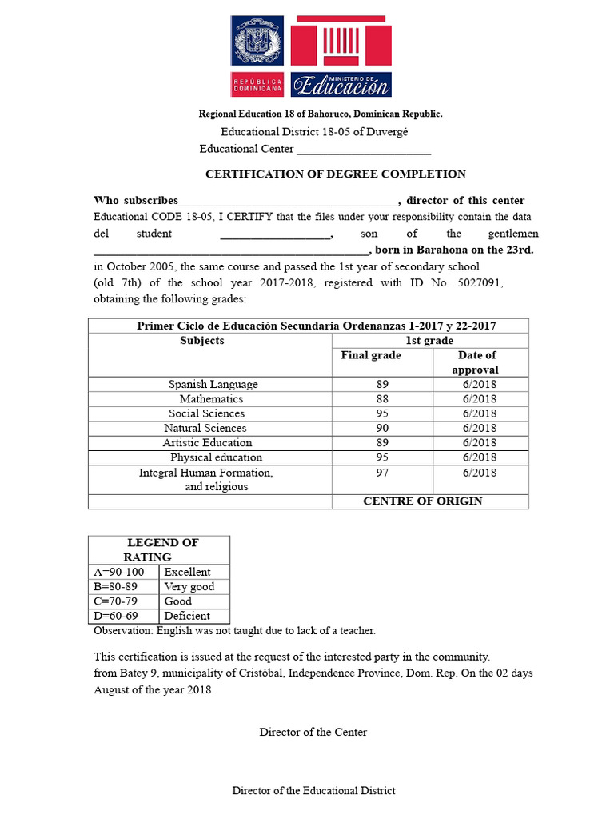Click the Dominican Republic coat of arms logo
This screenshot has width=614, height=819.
coord(257,41)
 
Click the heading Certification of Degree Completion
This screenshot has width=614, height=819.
coord(336,174)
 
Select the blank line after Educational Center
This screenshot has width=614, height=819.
coord(364,150)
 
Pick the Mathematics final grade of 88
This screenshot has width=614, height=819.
coord(381,399)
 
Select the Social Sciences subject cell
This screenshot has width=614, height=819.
coord(206,413)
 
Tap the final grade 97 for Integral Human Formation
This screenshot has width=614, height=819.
coord(381,473)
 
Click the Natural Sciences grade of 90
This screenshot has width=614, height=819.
coord(381,428)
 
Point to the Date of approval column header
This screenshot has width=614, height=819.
coord(477,362)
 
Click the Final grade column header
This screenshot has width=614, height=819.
coord(371,355)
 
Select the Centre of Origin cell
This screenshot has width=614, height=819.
coord(423,501)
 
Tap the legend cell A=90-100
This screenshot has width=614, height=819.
coord(119,572)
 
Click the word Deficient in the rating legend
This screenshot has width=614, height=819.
coord(187,616)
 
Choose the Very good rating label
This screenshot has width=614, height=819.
coord(189,586)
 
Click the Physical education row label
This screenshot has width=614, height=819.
coord(216,457)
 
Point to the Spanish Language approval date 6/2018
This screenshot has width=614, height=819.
coord(479,385)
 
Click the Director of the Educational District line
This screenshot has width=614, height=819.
coord(313,791)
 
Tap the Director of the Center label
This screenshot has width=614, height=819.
coord(313,732)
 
